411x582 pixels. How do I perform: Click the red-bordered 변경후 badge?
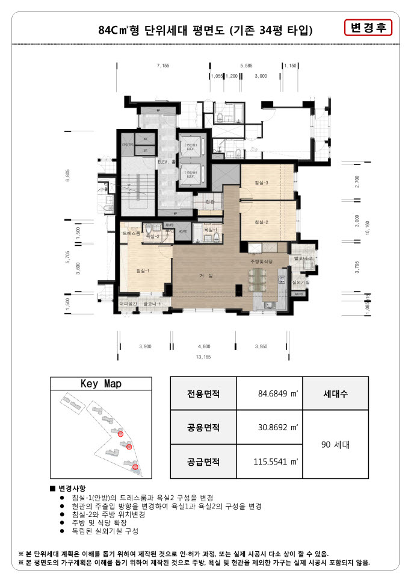click(368, 28)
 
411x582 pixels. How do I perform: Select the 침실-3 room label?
click(262, 183)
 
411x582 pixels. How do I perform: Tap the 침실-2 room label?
click(261, 223)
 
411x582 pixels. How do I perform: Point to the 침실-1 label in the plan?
click(143, 271)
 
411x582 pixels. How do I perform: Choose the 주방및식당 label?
click(262, 262)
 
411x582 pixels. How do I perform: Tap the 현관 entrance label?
click(209, 202)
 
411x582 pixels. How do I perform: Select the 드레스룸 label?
click(131, 232)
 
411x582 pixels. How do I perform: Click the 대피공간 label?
click(129, 304)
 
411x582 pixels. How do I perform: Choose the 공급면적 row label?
click(203, 462)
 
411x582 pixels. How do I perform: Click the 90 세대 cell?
click(335, 445)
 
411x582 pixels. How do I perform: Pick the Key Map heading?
click(101, 384)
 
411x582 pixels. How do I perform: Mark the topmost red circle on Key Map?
click(120, 434)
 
